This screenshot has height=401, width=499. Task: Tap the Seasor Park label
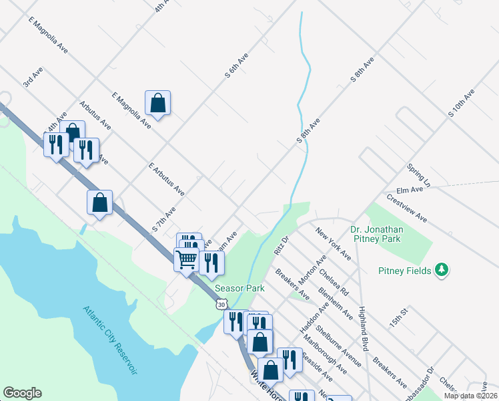(x=239, y=288)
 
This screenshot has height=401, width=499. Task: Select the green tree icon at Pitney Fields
(x=441, y=270)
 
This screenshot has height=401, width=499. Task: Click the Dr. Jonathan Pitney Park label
(x=385, y=233)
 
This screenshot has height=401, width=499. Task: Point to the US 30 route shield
(x=220, y=304)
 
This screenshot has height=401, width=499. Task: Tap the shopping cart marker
(x=187, y=258)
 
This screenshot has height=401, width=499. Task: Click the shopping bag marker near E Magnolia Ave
(x=158, y=104)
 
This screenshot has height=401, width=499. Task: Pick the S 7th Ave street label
(x=163, y=219)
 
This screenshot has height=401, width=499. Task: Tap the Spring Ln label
(x=418, y=174)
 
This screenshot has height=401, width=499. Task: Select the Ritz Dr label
(x=280, y=245)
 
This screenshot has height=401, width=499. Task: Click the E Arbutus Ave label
(x=167, y=178)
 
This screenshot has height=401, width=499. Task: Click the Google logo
(x=22, y=393)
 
